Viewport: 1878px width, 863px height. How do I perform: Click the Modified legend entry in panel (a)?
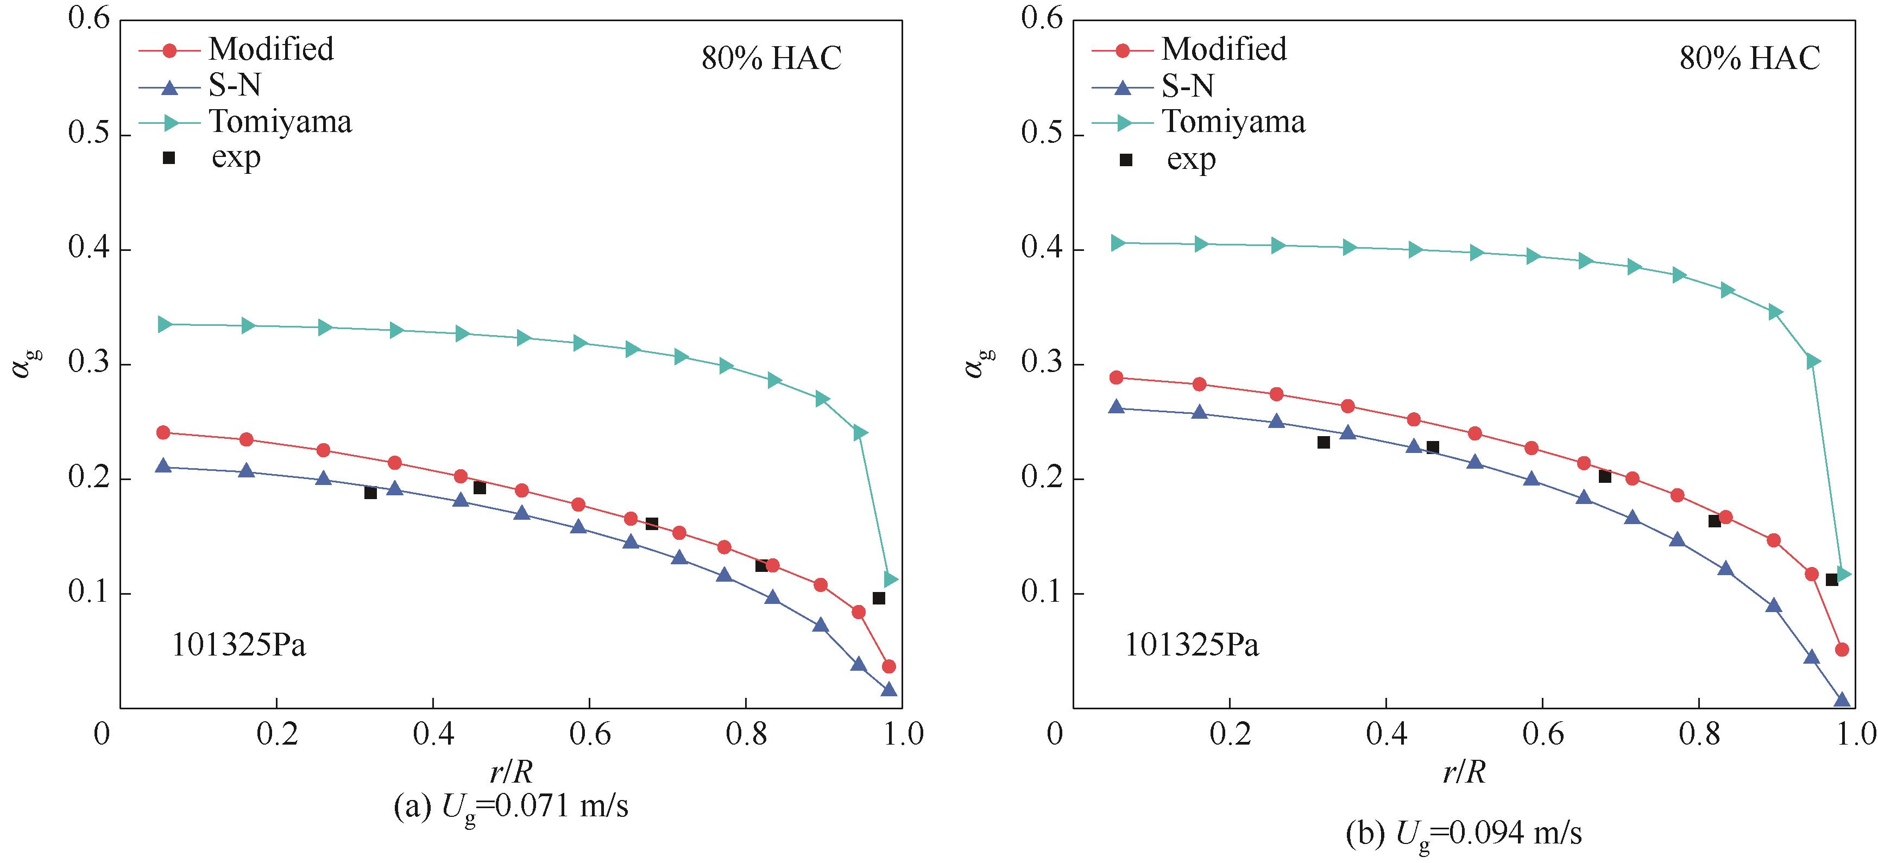(x=270, y=49)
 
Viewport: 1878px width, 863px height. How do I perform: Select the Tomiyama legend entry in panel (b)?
(x=1233, y=122)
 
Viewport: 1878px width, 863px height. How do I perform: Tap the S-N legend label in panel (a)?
(x=235, y=86)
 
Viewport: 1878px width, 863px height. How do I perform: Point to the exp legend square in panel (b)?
(x=1126, y=160)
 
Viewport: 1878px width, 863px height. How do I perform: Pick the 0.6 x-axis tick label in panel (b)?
(x=1542, y=733)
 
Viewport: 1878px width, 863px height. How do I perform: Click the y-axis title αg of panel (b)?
(x=975, y=363)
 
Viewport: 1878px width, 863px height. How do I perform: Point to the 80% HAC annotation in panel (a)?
(x=771, y=58)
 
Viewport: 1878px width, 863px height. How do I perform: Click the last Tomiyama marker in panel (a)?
(x=891, y=579)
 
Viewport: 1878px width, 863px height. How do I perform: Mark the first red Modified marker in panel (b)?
(x=1116, y=377)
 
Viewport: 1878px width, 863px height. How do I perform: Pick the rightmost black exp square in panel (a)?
(x=879, y=599)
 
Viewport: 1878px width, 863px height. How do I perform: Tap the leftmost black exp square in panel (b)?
(x=1324, y=443)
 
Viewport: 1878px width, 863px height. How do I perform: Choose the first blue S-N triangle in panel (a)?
(x=163, y=467)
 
